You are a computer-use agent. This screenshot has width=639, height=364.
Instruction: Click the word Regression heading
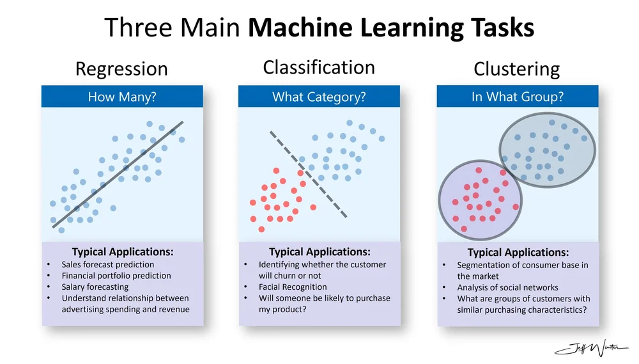coord(121,69)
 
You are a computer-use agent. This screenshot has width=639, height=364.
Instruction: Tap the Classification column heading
coord(319,67)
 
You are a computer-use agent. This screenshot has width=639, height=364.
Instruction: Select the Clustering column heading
coord(516,69)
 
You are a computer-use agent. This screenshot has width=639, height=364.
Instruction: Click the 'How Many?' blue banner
coord(122,97)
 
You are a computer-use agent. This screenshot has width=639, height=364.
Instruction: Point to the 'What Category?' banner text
coord(319,97)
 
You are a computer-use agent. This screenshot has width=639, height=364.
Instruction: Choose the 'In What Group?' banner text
coord(517,97)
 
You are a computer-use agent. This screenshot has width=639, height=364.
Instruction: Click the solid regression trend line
coord(118,174)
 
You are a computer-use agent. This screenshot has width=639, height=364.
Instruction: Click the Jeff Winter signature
coord(590,348)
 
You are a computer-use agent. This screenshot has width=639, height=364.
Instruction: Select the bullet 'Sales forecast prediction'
coord(108,264)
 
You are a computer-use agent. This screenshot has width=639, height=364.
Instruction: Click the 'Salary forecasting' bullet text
coord(95,287)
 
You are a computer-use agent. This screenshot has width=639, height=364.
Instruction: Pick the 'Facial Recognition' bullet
coord(293,287)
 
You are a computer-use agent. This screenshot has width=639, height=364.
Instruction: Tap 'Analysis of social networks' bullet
coord(507,287)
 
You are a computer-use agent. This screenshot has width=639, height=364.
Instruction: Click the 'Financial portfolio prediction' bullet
coord(116,276)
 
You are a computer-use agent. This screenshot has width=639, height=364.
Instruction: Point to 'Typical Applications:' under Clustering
coord(518,253)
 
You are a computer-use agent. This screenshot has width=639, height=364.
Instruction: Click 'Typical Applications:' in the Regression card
coord(123,252)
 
